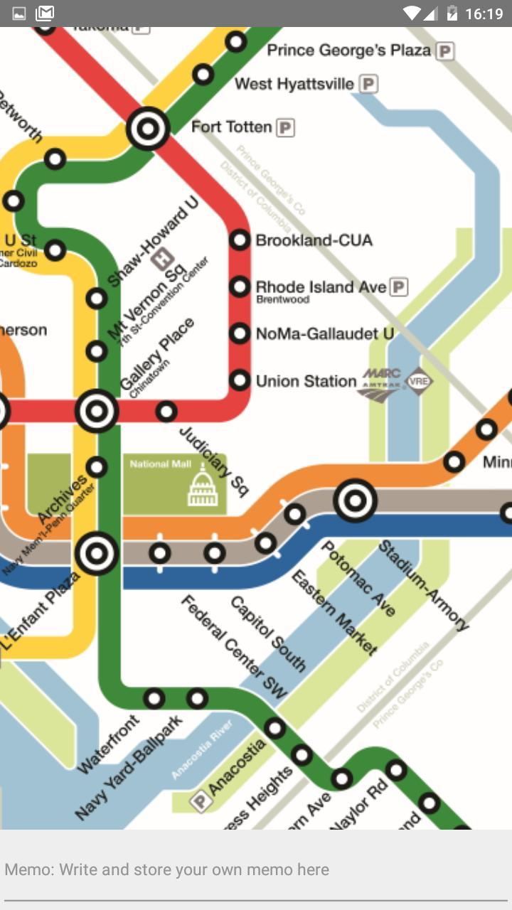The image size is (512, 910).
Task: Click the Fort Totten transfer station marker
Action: tap(148, 129)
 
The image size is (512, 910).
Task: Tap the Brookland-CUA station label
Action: tap(314, 240)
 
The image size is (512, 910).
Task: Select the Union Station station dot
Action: tap(240, 380)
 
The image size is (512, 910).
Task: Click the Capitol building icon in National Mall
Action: tap(203, 487)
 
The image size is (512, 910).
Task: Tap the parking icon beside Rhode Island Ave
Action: tap(400, 287)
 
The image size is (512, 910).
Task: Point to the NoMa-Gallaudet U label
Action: tap(324, 333)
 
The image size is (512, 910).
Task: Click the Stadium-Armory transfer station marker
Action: tap(355, 500)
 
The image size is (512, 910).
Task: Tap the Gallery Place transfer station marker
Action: tap(97, 411)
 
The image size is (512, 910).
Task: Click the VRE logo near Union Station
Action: tap(418, 382)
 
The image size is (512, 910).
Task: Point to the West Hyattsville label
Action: tap(294, 84)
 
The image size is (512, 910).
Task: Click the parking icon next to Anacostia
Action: tap(201, 802)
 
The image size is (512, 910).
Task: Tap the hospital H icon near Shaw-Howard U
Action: tap(162, 258)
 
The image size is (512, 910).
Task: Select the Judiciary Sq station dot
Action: tap(166, 411)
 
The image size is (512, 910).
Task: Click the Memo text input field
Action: tap(256, 870)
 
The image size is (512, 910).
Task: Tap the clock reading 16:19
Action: tap(484, 14)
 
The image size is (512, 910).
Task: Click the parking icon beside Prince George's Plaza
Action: tap(445, 51)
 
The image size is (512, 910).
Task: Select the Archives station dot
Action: tap(97, 467)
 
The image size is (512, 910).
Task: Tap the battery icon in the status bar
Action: tap(452, 14)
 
